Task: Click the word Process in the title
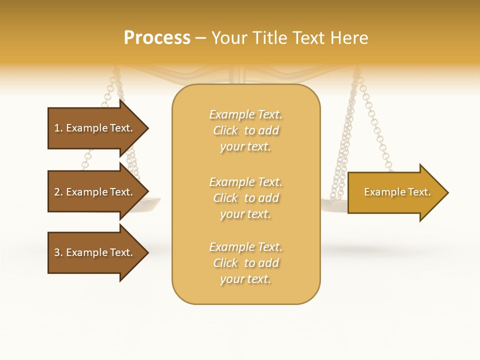pos(157,38)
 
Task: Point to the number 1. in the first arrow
pos(58,128)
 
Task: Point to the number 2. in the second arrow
pos(58,192)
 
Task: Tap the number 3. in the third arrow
pos(58,252)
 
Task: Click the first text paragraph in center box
pos(246,130)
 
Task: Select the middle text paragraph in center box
pos(246,198)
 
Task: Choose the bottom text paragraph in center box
pos(246,263)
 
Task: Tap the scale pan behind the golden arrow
pos(334,205)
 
